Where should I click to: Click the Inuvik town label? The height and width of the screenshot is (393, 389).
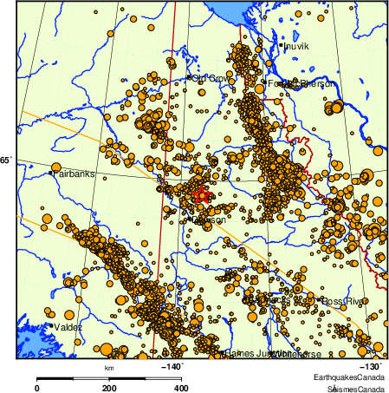pyautogui.click(x=295, y=45)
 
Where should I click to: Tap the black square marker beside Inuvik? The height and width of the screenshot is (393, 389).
pyautogui.click(x=282, y=44)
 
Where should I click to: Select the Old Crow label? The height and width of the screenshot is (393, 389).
pyautogui.click(x=212, y=79)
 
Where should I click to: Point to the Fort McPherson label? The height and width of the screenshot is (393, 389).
pyautogui.click(x=299, y=83)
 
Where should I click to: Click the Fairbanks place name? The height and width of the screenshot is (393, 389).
pyautogui.click(x=74, y=174)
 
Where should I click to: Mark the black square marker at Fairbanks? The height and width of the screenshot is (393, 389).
pyautogui.click(x=51, y=174)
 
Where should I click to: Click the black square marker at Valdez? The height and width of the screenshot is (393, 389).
pyautogui.click(x=55, y=326)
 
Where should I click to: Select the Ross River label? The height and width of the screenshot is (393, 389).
pyautogui.click(x=346, y=300)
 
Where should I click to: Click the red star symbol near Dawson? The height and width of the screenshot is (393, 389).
pyautogui.click(x=200, y=195)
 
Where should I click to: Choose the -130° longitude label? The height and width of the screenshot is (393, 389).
pyautogui.click(x=370, y=367)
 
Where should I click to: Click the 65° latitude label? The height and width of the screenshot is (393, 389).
pyautogui.click(x=5, y=160)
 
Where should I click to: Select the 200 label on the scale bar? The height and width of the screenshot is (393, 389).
pyautogui.click(x=109, y=388)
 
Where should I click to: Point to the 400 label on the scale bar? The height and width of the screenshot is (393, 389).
pyautogui.click(x=182, y=388)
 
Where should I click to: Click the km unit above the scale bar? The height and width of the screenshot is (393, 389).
pyautogui.click(x=109, y=369)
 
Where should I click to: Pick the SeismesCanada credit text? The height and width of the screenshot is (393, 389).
pyautogui.click(x=350, y=388)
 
